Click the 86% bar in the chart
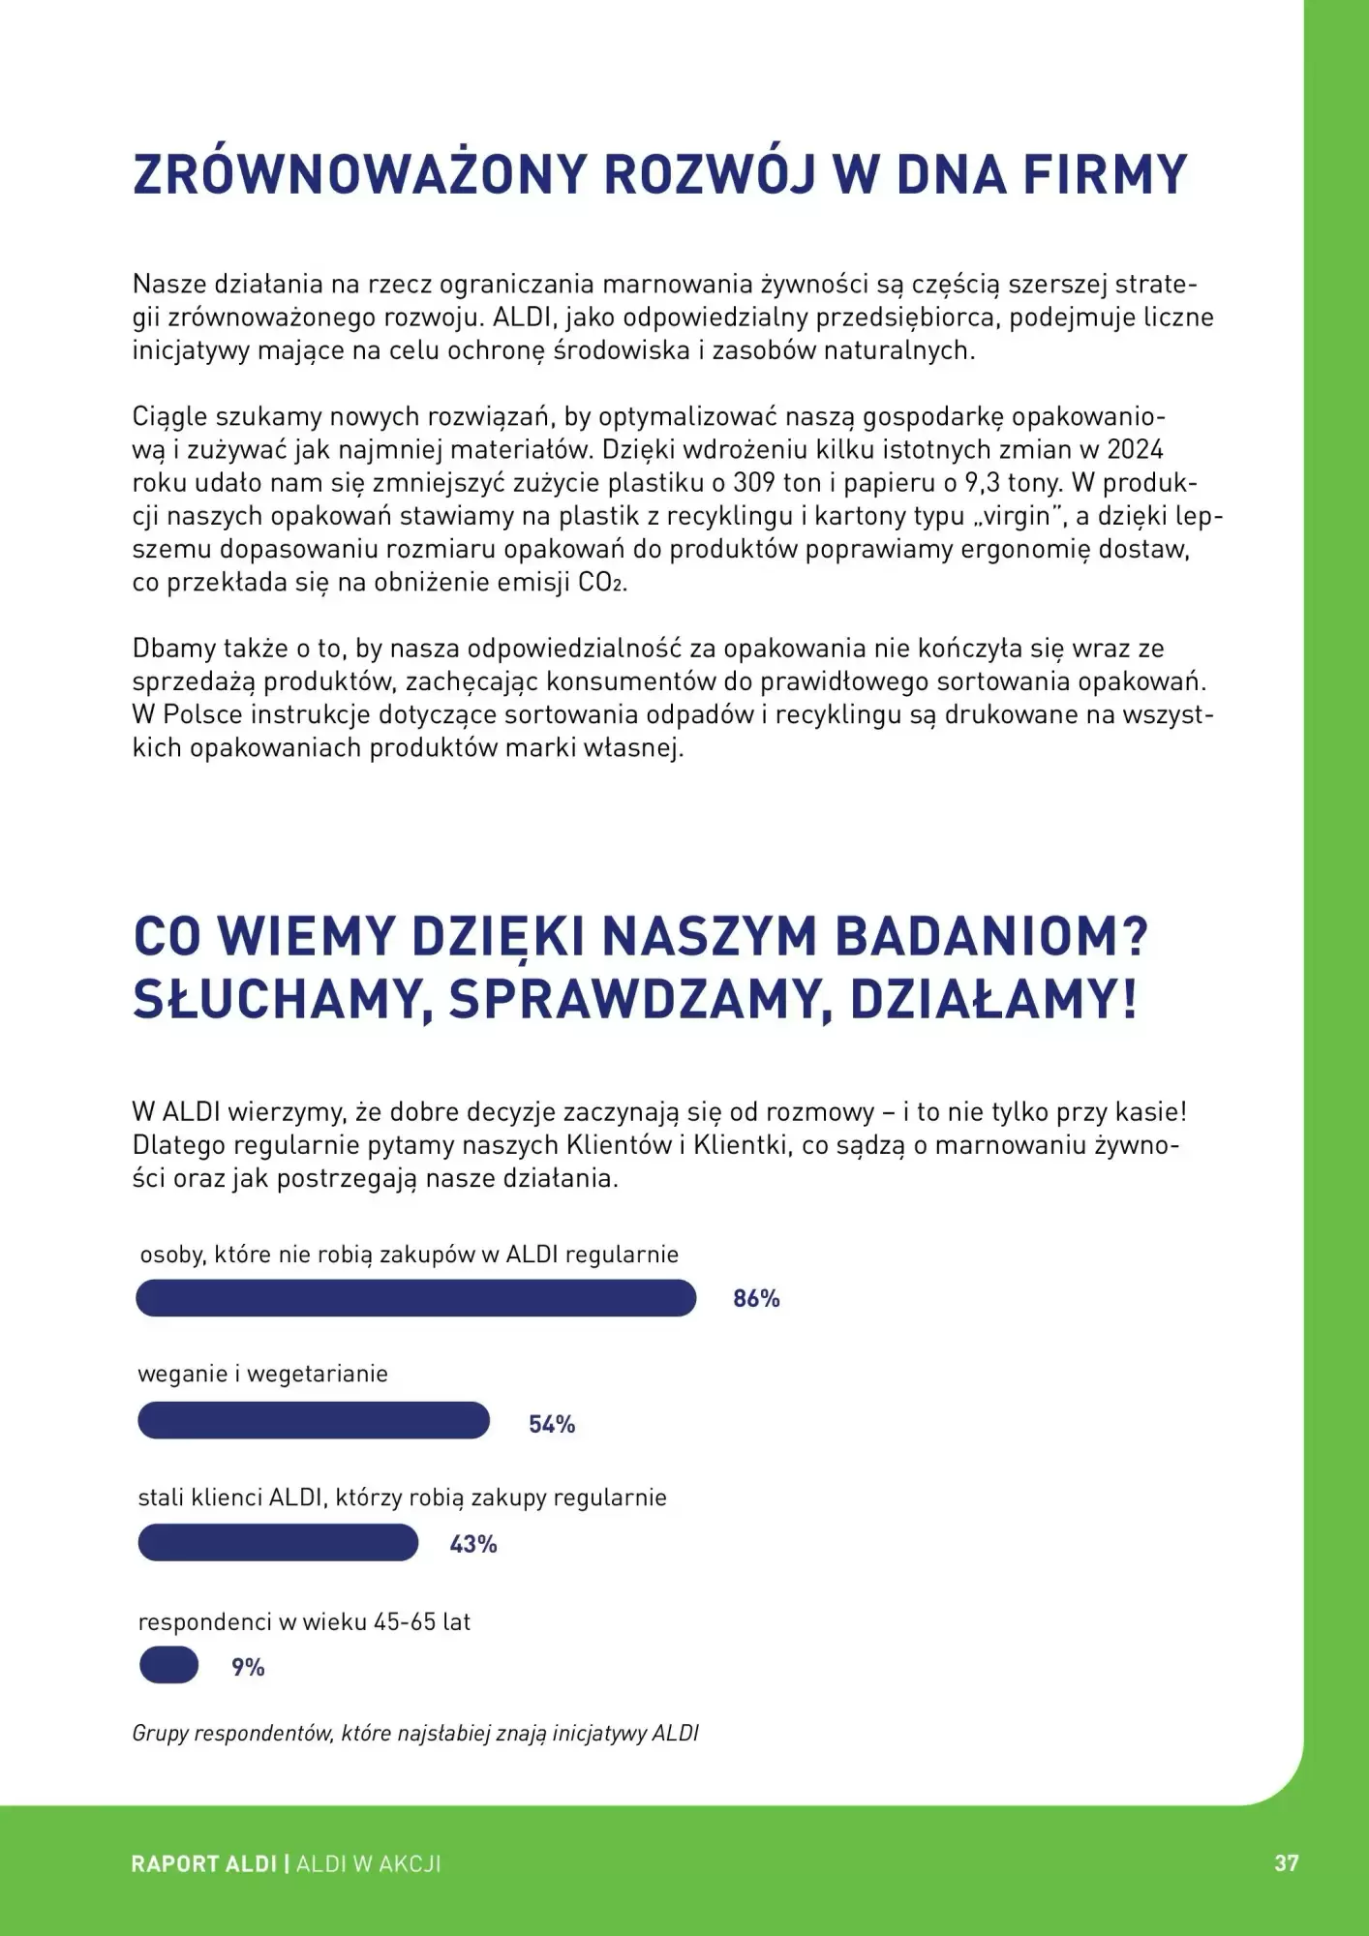pos(415,1298)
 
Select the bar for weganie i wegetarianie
pos(314,1420)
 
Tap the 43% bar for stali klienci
pos(278,1542)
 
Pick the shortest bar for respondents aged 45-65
pos(169,1666)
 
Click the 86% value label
pos(756,1299)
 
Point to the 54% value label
pos(552,1424)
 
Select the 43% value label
pos(473,1544)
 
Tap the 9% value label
pos(248,1667)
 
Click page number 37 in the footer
pos(1287,1863)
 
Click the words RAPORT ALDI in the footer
pos(204,1864)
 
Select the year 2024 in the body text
pos(1135,450)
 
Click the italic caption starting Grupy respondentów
pos(415,1733)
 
